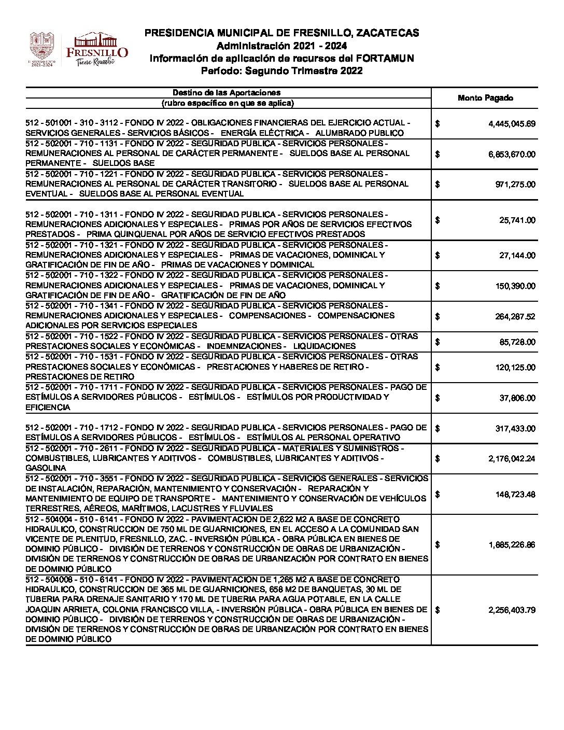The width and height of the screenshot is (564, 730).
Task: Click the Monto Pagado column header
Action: click(x=485, y=98)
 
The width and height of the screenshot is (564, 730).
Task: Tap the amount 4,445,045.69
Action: click(x=512, y=124)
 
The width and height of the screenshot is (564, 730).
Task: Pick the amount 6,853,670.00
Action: click(x=512, y=154)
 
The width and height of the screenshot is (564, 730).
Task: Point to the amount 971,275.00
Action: click(x=516, y=185)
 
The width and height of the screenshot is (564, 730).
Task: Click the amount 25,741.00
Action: click(x=517, y=220)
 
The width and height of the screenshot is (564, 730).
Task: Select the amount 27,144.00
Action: click(x=517, y=256)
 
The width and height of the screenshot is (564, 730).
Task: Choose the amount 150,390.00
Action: click(x=515, y=286)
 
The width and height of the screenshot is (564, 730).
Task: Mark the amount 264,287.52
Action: click(x=515, y=317)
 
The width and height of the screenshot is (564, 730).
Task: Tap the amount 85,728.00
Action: click(x=517, y=342)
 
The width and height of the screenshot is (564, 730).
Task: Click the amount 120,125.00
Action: click(x=515, y=368)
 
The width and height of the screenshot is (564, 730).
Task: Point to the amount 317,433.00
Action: click(x=515, y=429)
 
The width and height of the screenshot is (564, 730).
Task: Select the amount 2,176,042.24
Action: click(x=512, y=459)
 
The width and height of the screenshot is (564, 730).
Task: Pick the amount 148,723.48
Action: click(x=515, y=495)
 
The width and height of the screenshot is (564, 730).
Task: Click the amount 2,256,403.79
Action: click(x=512, y=610)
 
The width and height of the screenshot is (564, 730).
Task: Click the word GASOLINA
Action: click(x=46, y=468)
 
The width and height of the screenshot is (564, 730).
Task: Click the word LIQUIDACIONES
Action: click(x=324, y=346)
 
